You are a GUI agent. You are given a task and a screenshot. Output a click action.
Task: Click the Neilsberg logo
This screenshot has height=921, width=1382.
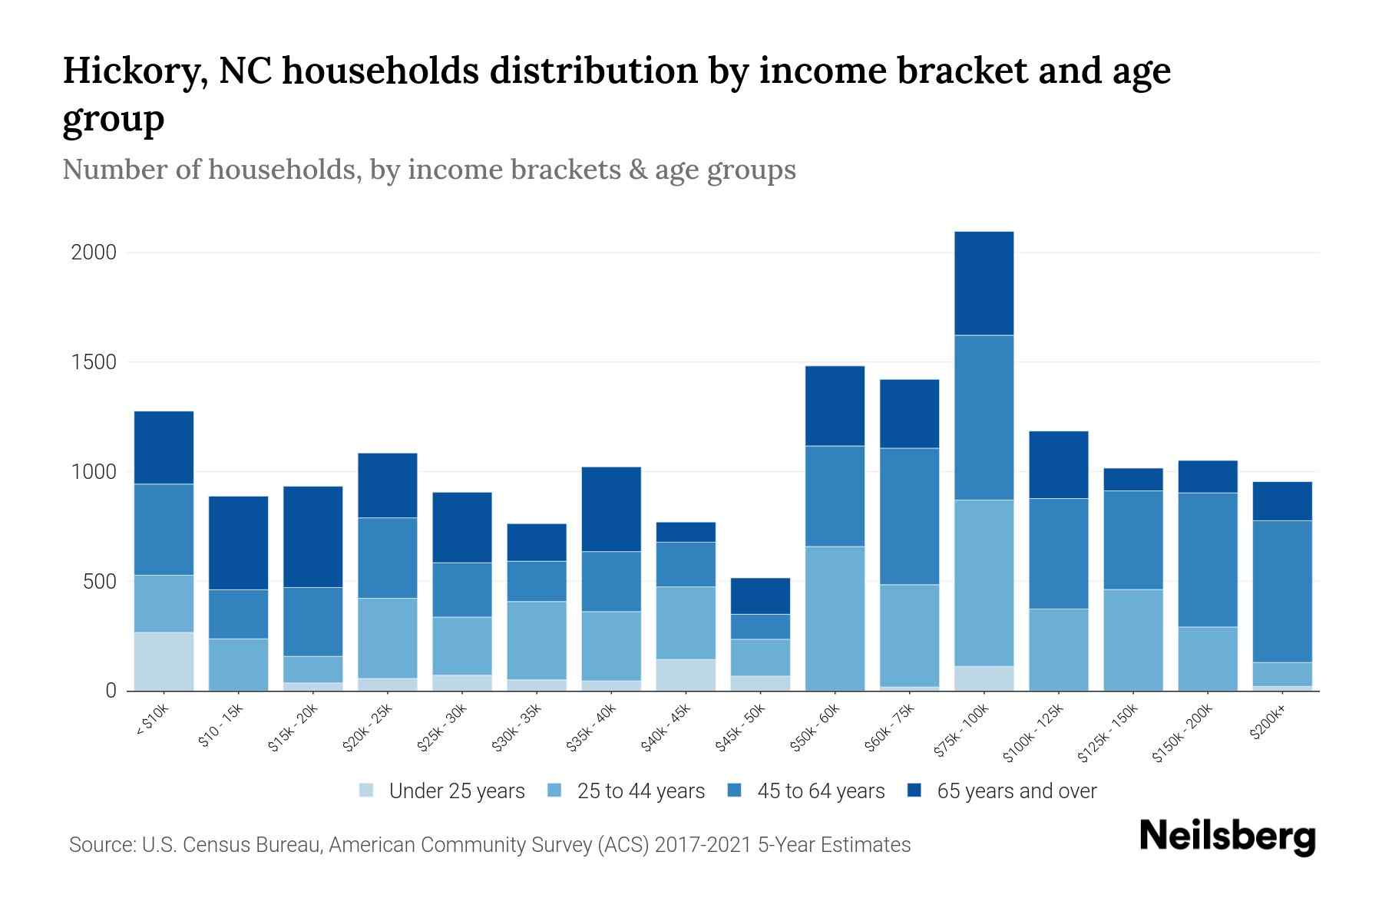1227,837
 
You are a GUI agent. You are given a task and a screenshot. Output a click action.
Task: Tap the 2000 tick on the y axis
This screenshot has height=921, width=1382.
94,253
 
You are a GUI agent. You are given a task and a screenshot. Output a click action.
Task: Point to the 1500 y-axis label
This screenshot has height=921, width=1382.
94,362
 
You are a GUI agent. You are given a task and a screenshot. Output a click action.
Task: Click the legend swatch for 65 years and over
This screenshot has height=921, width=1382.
915,791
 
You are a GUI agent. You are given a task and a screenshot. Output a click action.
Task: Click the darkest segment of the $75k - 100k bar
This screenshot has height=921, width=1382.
984,283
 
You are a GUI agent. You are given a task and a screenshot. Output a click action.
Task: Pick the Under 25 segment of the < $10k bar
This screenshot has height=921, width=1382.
164,661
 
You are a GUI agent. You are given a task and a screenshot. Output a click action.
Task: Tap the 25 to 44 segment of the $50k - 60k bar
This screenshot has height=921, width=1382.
835,618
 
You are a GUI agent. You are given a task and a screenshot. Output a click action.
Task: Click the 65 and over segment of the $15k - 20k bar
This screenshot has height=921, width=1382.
312,536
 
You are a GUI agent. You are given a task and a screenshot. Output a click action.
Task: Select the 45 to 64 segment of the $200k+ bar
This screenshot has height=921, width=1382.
1282,591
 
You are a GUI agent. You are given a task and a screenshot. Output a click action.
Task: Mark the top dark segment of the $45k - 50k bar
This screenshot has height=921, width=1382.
760,596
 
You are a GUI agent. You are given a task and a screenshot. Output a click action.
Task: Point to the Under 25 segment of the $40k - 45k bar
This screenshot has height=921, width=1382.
686,674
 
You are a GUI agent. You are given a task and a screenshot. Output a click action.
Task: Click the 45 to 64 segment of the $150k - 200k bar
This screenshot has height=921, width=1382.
1208,560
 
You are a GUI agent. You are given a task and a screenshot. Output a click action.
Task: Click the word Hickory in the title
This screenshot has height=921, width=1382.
133,71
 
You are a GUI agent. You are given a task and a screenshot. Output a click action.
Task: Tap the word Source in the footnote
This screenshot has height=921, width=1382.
101,845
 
